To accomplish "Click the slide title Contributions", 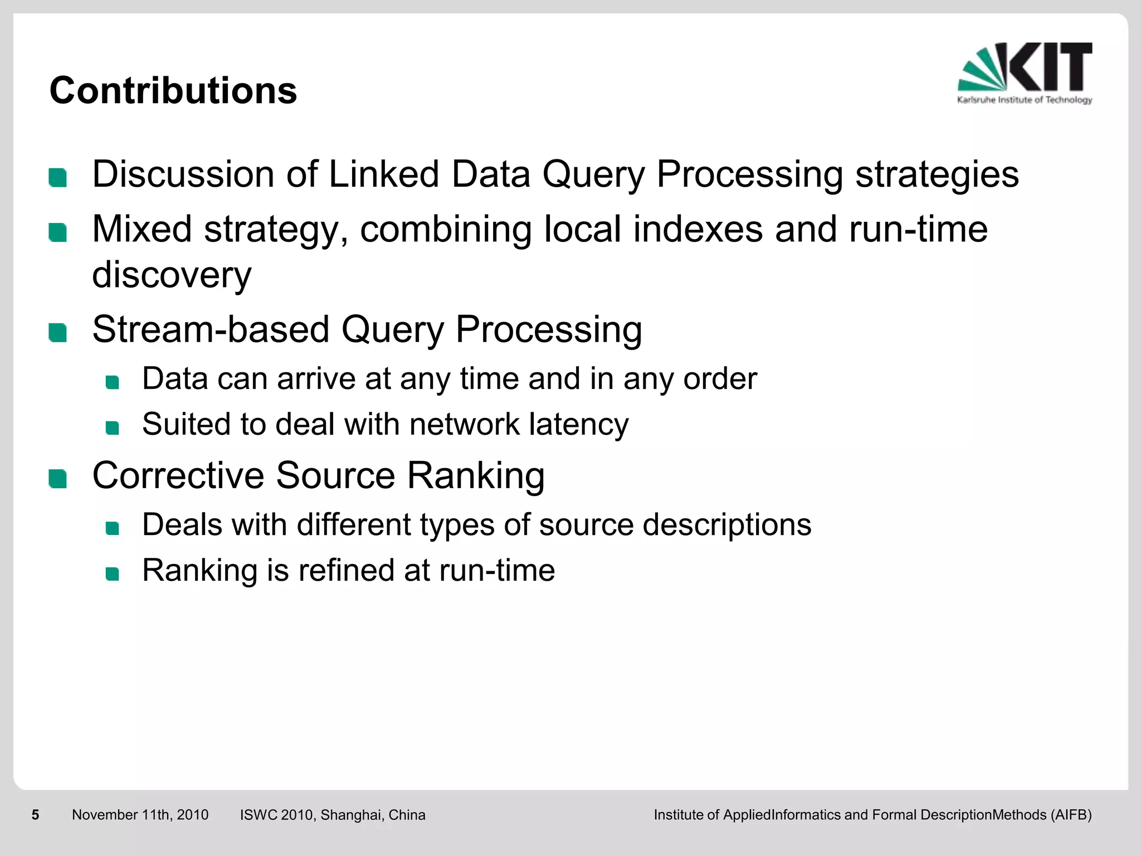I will pos(173,90).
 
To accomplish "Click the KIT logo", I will pos(1025,67).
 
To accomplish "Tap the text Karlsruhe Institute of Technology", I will pos(1025,100).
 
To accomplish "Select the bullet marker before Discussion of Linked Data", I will pos(58,178).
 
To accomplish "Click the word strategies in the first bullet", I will pos(937,175).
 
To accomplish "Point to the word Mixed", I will pos(142,229).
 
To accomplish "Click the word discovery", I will pos(172,275).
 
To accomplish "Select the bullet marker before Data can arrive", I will pos(113,382).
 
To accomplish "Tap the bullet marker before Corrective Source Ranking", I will pos(58,479).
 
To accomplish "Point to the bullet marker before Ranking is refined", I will pos(113,574).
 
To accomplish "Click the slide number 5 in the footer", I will pos(36,815).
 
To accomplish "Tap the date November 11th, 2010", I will pos(140,815).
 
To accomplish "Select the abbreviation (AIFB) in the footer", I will pos(1071,815).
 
